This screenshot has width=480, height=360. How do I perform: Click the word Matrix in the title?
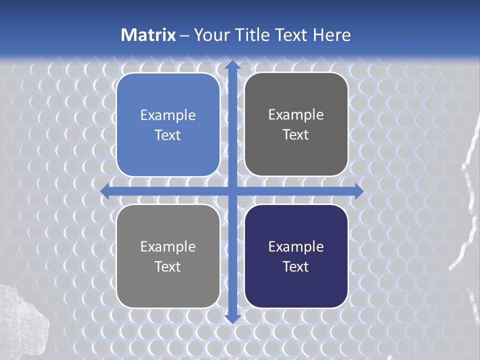click(x=148, y=35)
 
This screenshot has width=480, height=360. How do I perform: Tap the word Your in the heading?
click(x=212, y=35)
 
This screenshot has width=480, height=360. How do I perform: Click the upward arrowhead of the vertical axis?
click(x=232, y=65)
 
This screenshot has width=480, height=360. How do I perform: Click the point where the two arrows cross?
click(x=232, y=191)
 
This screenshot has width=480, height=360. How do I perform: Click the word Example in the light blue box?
click(x=168, y=115)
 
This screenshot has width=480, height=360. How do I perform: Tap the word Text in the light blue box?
click(x=168, y=135)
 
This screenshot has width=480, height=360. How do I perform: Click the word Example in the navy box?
click(x=296, y=246)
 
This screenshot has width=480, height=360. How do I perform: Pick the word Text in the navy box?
click(x=296, y=266)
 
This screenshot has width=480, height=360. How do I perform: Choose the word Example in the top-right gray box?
click(x=296, y=115)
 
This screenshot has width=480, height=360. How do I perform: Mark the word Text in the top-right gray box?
click(x=296, y=135)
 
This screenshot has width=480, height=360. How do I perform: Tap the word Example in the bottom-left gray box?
click(x=168, y=246)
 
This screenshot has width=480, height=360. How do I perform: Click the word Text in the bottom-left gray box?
click(x=168, y=266)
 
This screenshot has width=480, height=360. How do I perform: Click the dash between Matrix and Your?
click(x=184, y=35)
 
